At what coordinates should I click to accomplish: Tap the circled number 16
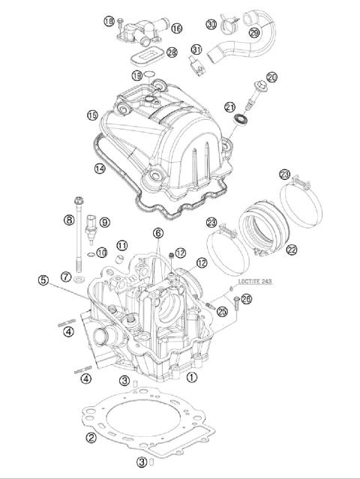(177, 28)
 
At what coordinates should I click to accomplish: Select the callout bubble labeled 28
(172, 52)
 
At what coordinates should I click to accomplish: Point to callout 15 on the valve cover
(92, 115)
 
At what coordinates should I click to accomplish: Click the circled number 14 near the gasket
(99, 169)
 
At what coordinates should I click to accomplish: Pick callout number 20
(271, 76)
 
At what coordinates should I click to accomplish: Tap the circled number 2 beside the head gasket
(91, 438)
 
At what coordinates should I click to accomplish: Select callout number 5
(44, 281)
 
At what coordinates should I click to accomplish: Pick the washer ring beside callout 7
(80, 279)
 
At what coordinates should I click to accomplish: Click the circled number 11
(121, 245)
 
